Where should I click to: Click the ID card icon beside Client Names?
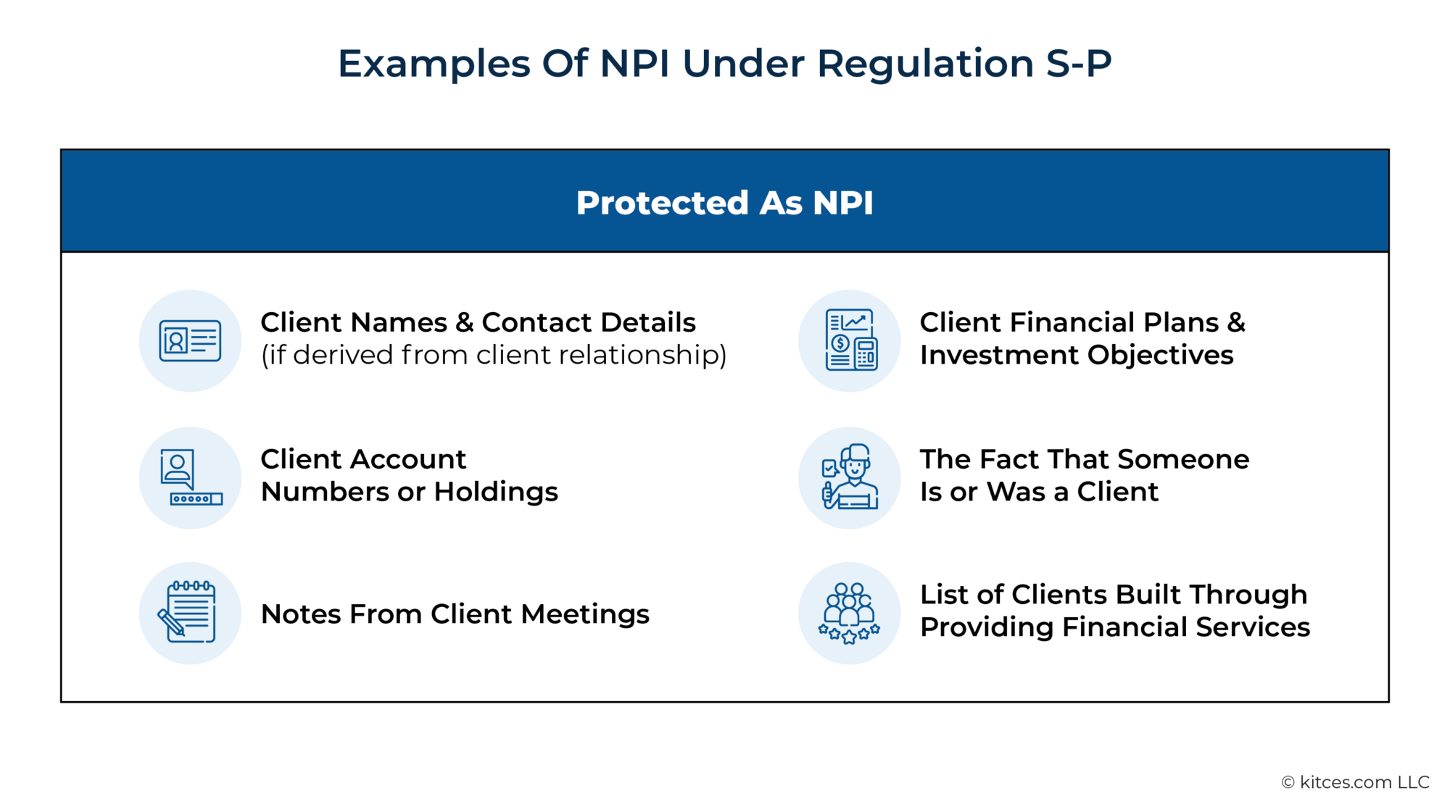click(190, 340)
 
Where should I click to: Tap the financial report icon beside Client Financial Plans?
click(850, 340)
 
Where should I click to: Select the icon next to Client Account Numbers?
click(190, 477)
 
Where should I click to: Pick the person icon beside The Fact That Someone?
click(850, 477)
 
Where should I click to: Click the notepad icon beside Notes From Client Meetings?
click(190, 613)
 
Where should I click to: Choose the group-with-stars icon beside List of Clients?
click(850, 613)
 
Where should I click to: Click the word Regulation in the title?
click(925, 64)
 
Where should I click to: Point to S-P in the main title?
click(1078, 64)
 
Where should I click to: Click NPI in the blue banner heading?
click(842, 203)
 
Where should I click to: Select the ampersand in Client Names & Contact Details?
click(464, 322)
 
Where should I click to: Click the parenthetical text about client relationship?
click(493, 355)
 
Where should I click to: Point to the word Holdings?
click(496, 492)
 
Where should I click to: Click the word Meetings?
click(584, 614)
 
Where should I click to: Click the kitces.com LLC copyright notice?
click(1355, 782)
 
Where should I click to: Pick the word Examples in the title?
click(434, 64)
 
